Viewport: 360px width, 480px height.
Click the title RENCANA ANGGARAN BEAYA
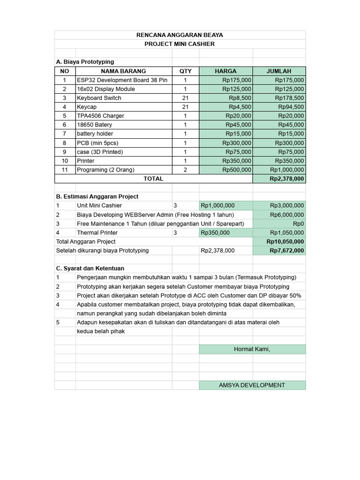pyautogui.click(x=180, y=35)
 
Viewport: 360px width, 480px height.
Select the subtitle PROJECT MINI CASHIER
pyautogui.click(x=180, y=44)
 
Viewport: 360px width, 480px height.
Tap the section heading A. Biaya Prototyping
pyautogui.click(x=85, y=62)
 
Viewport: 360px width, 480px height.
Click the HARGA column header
pyautogui.click(x=225, y=71)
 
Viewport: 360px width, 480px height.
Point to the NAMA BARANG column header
pyautogui.click(x=123, y=71)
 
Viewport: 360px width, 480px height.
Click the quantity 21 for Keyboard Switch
pyautogui.click(x=185, y=98)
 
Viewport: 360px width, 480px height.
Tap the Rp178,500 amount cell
pyautogui.click(x=289, y=98)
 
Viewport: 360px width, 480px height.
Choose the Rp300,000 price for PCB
pyautogui.click(x=237, y=143)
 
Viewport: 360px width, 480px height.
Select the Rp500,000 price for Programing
pyautogui.click(x=237, y=170)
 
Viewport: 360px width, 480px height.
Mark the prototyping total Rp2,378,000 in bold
pyautogui.click(x=286, y=179)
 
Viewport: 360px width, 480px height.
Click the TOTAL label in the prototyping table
pyautogui.click(x=153, y=179)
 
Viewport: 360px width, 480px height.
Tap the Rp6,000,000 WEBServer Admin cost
pyautogui.click(x=287, y=215)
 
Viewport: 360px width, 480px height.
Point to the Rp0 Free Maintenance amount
pyautogui.click(x=298, y=224)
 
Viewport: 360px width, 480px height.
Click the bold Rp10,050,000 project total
pyautogui.click(x=285, y=241)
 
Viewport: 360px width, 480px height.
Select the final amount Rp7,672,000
pyautogui.click(x=286, y=250)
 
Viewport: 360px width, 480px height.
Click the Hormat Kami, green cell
pyautogui.click(x=252, y=349)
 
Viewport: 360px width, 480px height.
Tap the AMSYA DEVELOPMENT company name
pyautogui.click(x=252, y=385)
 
